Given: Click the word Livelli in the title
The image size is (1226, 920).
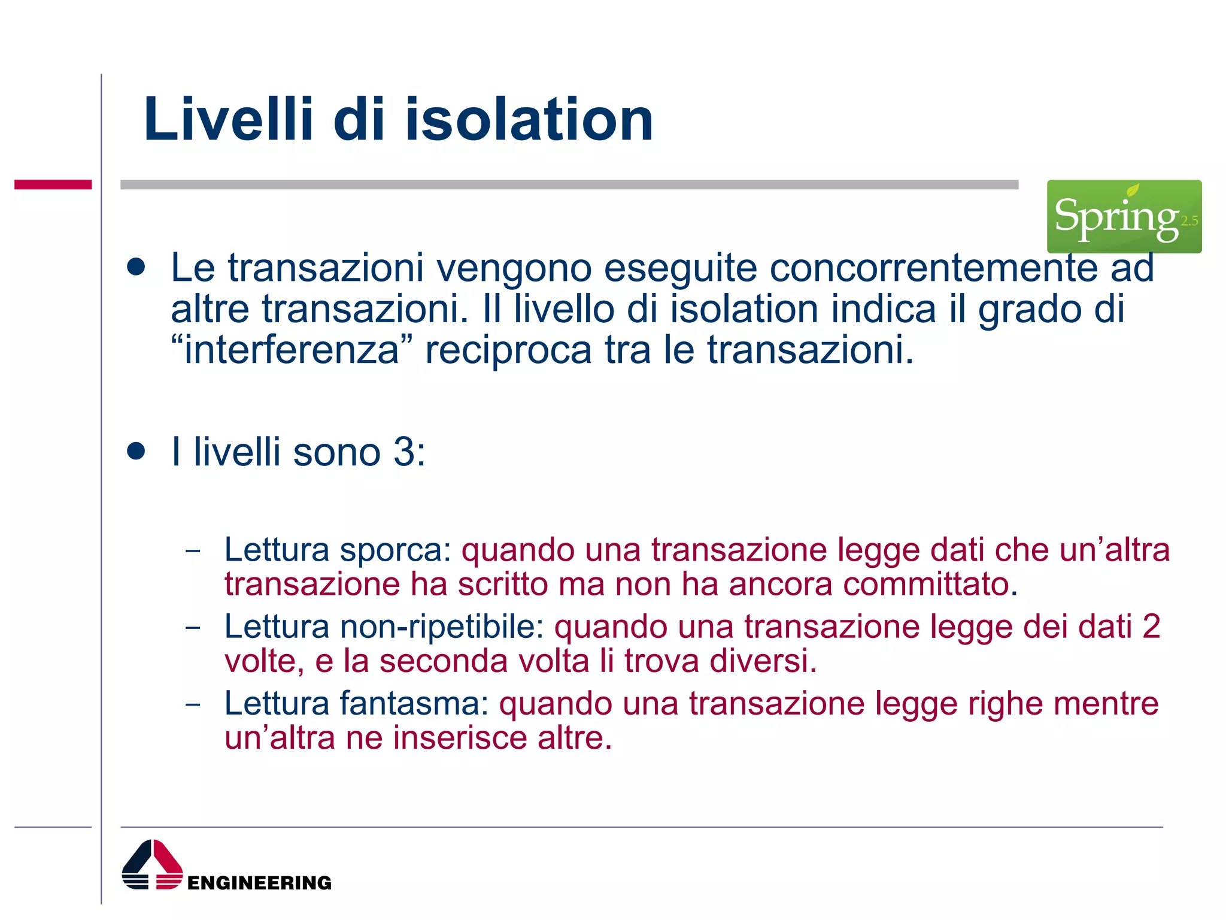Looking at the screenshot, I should coord(228,120).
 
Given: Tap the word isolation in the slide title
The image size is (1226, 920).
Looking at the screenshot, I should coord(529,120).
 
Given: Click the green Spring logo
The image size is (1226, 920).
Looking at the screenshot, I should coord(1124,216).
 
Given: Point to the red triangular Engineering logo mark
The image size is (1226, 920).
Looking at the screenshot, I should coord(153,865).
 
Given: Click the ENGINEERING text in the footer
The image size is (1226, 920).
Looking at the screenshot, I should coord(259,883).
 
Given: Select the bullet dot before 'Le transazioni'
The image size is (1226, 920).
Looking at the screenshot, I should coord(136,267).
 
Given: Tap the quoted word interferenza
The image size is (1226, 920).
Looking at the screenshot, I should coord(292,350).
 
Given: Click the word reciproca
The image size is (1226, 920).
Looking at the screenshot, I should coord(508,350).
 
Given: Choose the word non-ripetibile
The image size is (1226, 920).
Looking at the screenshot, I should coord(442,627).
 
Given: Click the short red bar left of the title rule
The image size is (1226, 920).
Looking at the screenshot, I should coord(53,184).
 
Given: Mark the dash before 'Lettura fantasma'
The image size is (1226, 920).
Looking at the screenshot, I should coord(193,704).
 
